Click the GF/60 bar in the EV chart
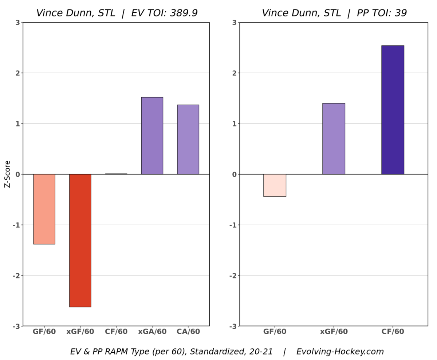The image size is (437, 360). point(44,209)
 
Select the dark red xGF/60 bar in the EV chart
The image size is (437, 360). point(80,240)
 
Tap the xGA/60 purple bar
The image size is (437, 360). point(152,136)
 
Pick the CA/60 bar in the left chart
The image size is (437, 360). point(188,140)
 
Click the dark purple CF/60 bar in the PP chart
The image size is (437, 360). point(393,110)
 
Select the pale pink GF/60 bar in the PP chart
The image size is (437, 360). point(275,185)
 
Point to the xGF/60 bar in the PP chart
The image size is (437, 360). point(334,139)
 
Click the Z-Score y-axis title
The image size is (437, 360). point(7,174)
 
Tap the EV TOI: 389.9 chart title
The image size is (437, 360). point(117,13)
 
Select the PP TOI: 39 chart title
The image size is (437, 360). point(334,13)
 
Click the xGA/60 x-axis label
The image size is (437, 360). point(152,332)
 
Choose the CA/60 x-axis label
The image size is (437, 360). point(188,332)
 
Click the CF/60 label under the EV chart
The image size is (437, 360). point(116,332)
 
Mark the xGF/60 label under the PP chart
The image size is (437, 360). point(334,332)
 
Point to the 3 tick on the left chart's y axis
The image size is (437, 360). point(17,23)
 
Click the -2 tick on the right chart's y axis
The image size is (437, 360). point(233,275)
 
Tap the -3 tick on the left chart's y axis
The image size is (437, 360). point(16,326)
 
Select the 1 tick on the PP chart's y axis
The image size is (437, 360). point(234,124)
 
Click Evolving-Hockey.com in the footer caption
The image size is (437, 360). point(340,352)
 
